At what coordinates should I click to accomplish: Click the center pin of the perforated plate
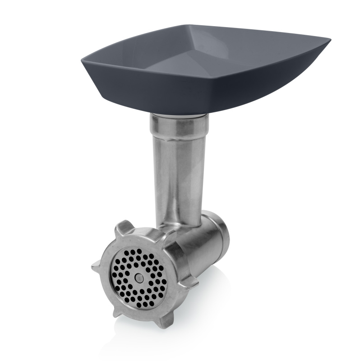[139, 278]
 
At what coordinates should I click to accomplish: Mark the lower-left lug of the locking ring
[118, 310]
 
